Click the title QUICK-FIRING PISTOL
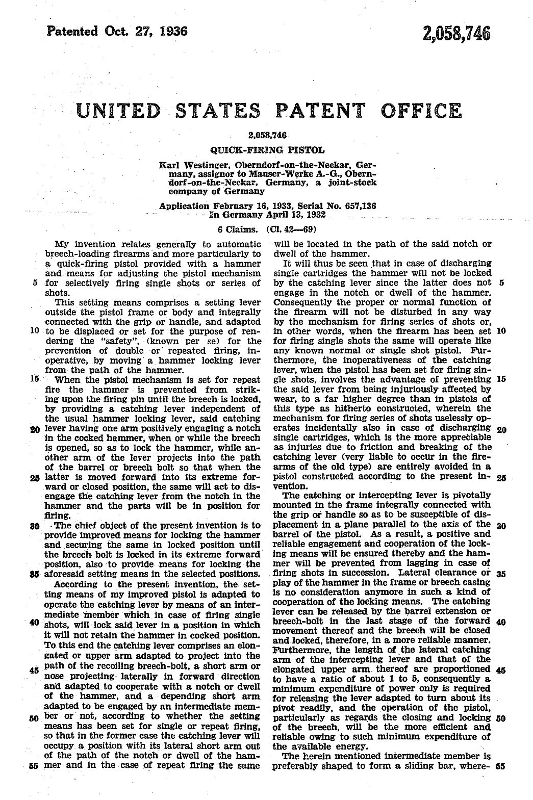point(267,150)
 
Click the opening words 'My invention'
point(81,244)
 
